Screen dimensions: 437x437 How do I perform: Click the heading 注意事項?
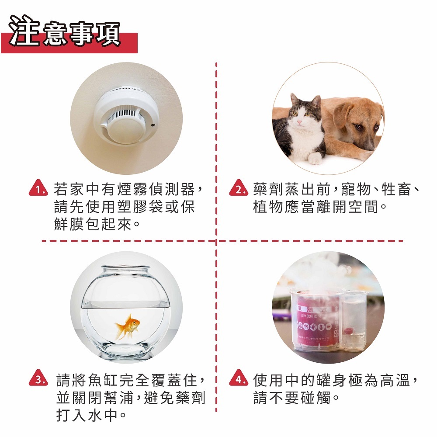65,31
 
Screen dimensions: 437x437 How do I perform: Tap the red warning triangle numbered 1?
38,188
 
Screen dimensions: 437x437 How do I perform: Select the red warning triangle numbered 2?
239,188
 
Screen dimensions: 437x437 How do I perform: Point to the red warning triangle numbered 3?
38,378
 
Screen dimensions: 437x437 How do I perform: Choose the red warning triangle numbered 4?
239,378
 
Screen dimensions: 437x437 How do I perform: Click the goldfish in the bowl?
128,326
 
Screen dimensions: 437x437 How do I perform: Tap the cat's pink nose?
299,122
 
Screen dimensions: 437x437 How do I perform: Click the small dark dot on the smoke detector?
153,125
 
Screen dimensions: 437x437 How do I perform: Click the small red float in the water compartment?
348,331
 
